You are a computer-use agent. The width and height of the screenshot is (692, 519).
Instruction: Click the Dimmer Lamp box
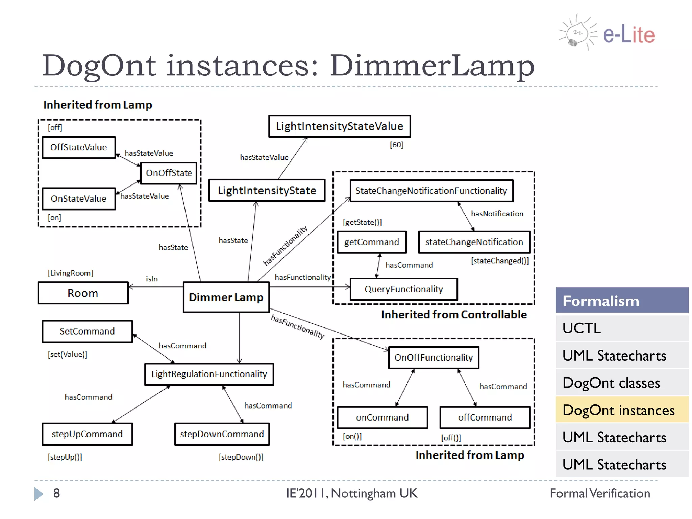click(226, 297)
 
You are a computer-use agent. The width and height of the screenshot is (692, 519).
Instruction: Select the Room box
click(83, 293)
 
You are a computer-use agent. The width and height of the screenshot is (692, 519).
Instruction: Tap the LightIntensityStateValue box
click(340, 126)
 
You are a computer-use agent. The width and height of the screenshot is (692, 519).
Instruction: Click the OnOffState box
click(169, 173)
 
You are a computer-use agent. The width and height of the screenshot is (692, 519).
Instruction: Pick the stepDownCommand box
click(222, 434)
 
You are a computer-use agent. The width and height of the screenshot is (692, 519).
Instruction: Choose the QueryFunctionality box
click(404, 289)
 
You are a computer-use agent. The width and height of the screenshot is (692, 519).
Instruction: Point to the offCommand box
click(485, 417)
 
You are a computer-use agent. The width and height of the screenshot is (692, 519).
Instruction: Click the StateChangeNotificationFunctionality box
click(431, 191)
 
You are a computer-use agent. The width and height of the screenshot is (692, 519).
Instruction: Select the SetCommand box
click(87, 331)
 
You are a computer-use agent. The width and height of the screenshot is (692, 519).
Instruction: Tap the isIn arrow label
click(152, 279)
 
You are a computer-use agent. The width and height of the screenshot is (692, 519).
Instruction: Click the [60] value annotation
click(396, 145)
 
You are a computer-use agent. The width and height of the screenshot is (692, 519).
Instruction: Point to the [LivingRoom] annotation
click(70, 273)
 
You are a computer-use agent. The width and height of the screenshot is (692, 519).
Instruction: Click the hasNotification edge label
click(497, 214)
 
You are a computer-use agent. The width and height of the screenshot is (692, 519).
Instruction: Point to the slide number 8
click(56, 493)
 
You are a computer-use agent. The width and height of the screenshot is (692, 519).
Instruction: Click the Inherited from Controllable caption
click(454, 315)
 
